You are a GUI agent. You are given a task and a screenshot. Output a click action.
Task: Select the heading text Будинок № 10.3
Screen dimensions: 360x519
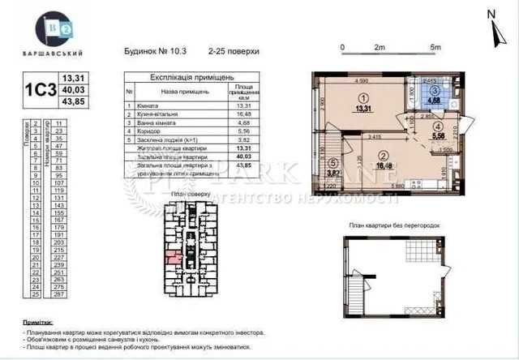click(x=155, y=50)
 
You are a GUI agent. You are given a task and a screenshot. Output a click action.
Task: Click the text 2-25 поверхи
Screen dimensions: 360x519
click(x=233, y=50)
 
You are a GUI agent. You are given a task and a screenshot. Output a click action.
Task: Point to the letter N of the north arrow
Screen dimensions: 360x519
click(x=490, y=14)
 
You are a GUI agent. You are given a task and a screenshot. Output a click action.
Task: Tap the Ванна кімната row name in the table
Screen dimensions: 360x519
click(x=163, y=124)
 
